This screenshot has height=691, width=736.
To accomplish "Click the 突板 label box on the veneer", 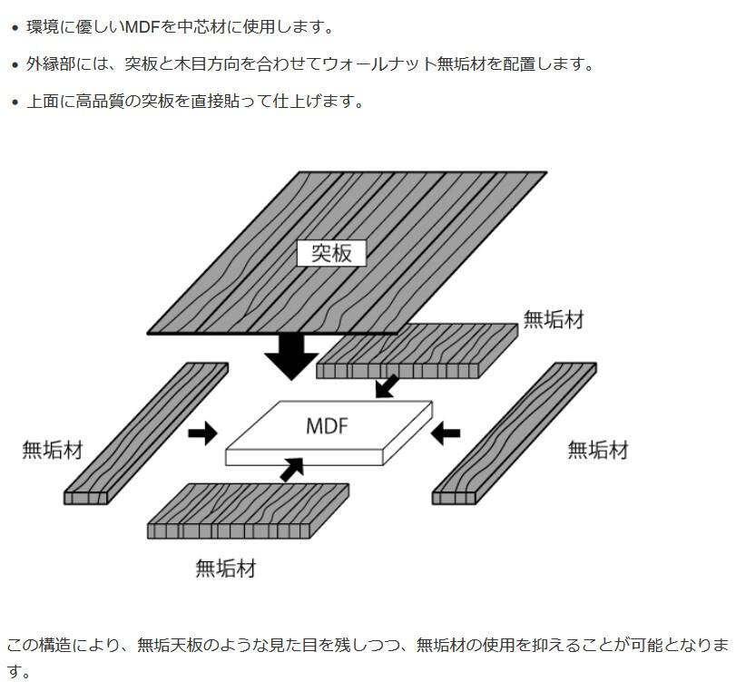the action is (x=331, y=252).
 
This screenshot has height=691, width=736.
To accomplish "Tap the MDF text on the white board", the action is (x=327, y=426).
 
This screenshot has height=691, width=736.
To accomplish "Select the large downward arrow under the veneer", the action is (x=291, y=355).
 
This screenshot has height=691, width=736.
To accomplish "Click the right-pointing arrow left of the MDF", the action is (x=202, y=433).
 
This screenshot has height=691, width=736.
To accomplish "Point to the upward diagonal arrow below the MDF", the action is (x=292, y=469).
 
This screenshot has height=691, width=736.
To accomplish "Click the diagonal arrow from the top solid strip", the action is (x=387, y=385).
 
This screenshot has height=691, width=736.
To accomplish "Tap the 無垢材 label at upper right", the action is (x=553, y=319).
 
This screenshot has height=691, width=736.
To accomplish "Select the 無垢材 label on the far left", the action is (x=52, y=450).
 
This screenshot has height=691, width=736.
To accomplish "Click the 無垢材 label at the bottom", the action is (x=225, y=569).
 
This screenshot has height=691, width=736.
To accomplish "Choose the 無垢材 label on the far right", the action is (x=597, y=450).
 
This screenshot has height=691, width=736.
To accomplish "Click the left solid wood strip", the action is (x=145, y=433).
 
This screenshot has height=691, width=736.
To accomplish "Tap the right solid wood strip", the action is (x=514, y=433).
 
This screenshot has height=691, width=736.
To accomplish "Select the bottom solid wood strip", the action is (x=248, y=510).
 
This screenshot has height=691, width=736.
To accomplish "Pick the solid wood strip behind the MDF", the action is (x=417, y=350).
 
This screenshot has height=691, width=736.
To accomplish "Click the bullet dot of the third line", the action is (x=15, y=102).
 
